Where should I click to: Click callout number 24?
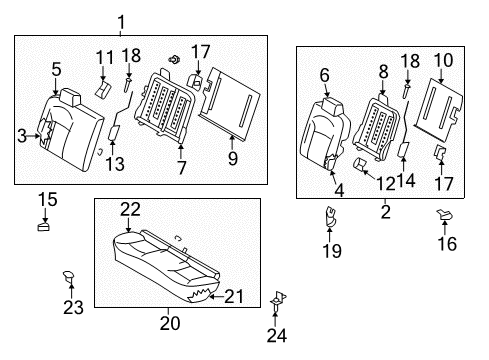(276, 335)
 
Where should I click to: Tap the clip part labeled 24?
(277, 301)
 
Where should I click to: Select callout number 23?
(73, 307)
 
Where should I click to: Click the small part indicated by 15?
(43, 227)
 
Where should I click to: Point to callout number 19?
(332, 251)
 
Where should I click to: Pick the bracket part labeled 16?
(445, 214)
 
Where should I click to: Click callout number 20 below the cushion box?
(170, 323)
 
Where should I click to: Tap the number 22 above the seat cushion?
(130, 210)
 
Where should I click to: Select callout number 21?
(234, 296)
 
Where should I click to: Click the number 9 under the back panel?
(233, 158)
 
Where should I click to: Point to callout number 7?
(181, 167)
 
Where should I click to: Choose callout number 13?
(115, 164)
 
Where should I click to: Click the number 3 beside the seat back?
(22, 136)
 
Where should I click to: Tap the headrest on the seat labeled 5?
(70, 97)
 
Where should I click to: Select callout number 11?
(105, 57)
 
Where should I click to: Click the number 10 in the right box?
(443, 61)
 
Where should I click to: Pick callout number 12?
(385, 183)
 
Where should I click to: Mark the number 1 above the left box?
(121, 22)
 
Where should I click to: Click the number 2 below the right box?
(386, 212)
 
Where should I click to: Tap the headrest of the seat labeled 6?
(333, 106)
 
